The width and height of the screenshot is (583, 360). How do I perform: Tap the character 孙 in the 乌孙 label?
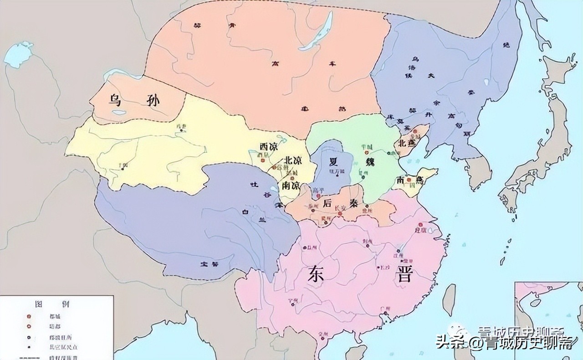click(153, 99)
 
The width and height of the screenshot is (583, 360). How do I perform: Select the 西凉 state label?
click(268, 147)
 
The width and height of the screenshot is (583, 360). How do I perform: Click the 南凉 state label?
click(291, 185)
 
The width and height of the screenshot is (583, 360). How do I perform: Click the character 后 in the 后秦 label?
click(327, 203)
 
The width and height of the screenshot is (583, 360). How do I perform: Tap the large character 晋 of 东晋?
click(404, 275)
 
